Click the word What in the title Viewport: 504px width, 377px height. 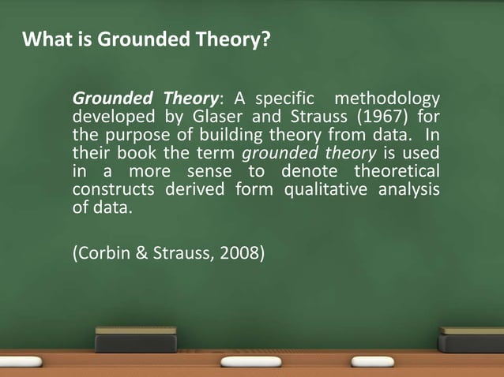[x=43, y=39]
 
